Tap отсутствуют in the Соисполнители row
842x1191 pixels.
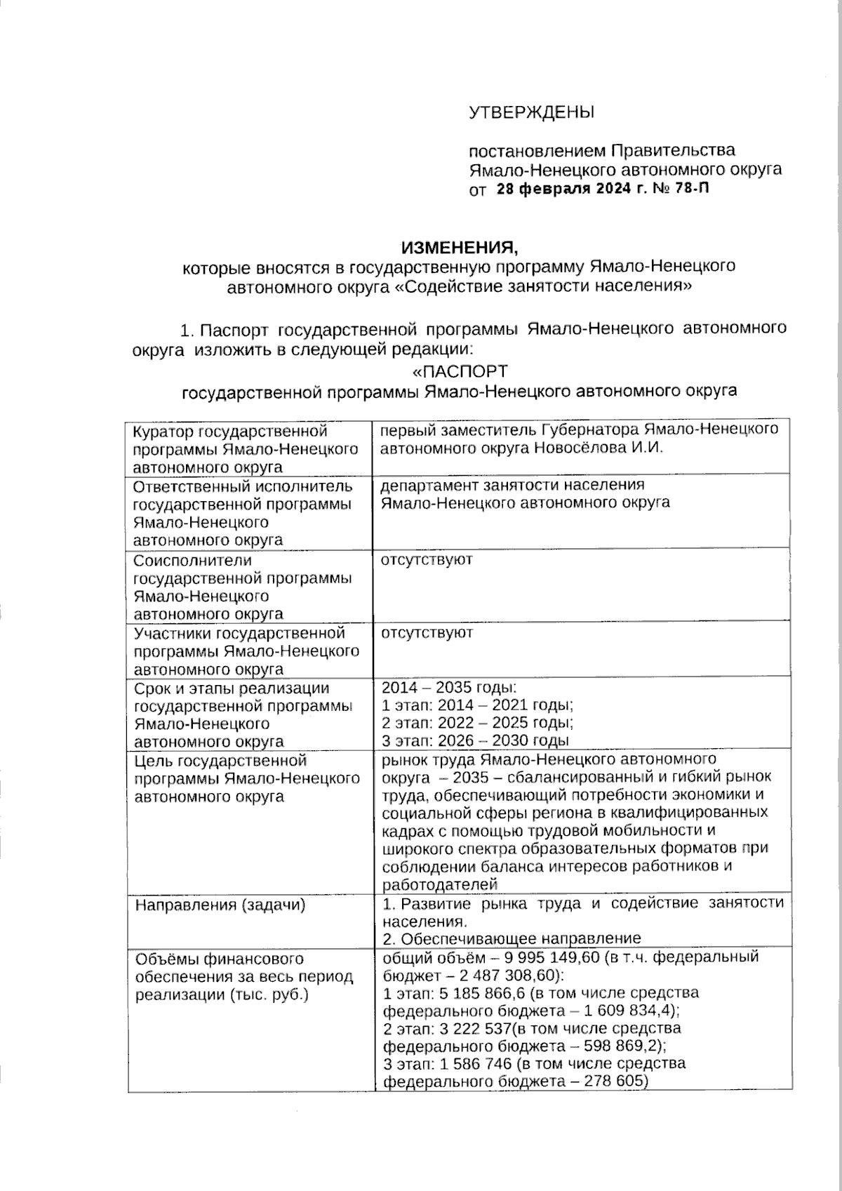(427, 560)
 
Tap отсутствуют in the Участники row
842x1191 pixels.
(427, 633)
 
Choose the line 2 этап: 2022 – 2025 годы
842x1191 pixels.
(478, 723)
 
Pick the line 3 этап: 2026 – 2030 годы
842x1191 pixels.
(475, 740)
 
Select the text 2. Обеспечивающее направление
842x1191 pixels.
(512, 938)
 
